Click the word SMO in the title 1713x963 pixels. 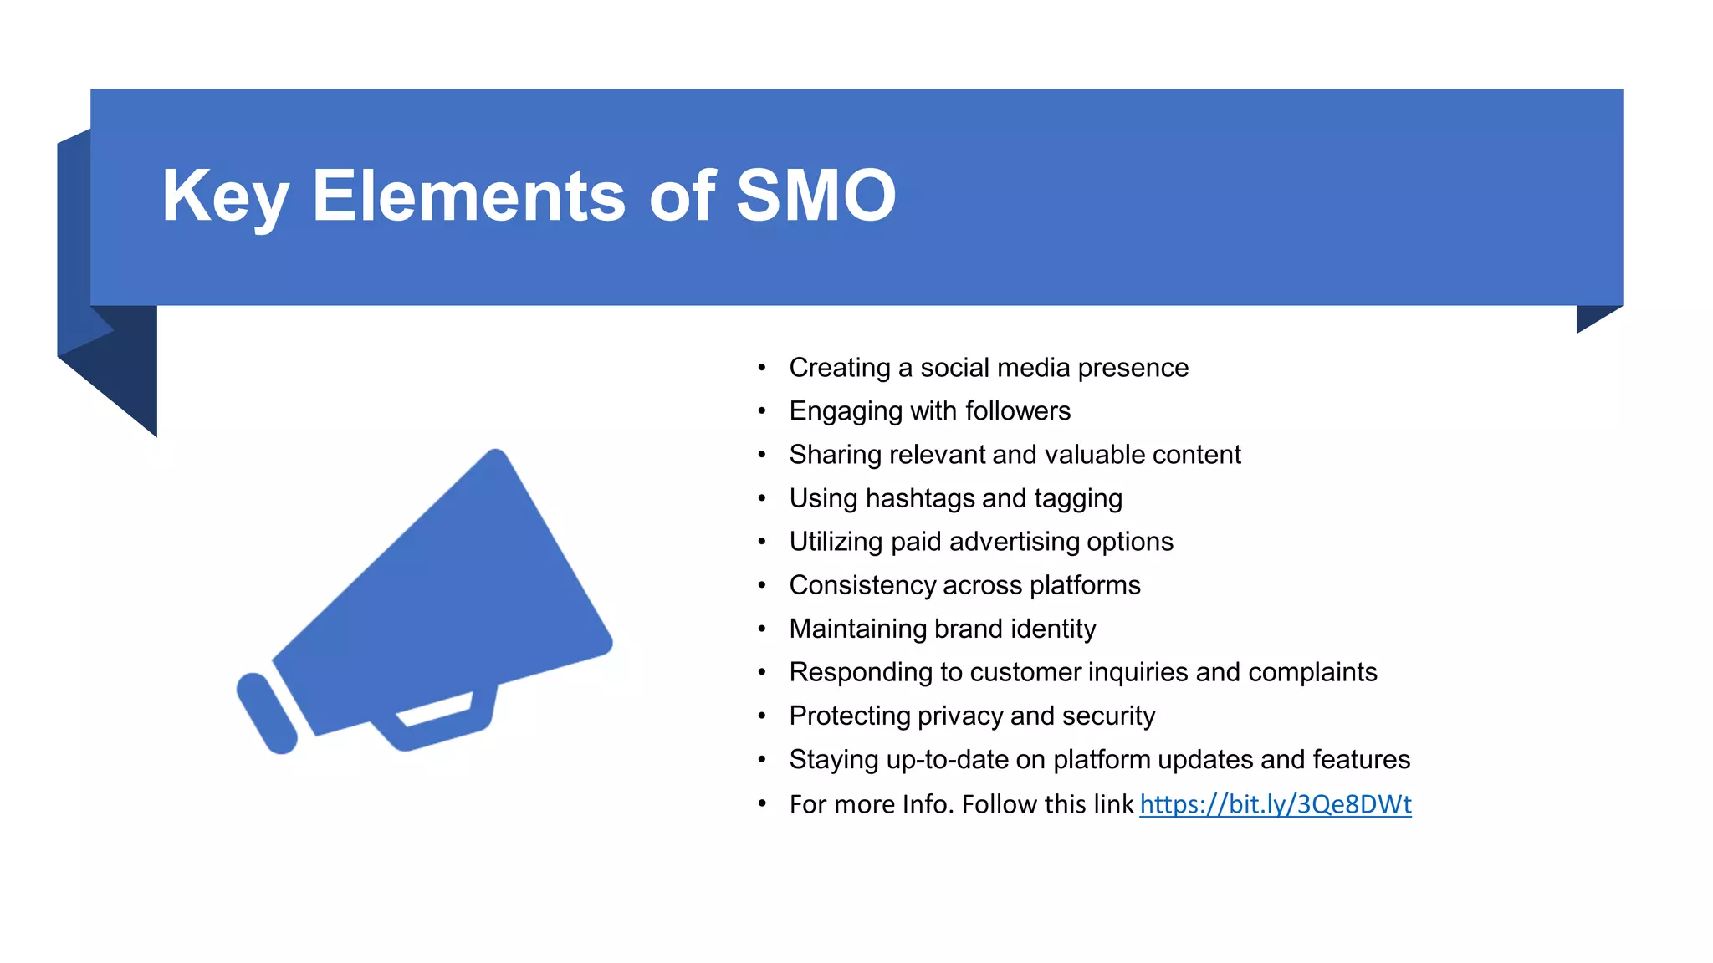816,196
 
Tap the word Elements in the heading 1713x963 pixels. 468,196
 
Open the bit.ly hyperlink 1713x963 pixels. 1275,804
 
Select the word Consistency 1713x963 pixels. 862,585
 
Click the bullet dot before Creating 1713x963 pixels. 761,368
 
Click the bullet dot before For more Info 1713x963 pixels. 761,804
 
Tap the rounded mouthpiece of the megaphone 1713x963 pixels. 266,713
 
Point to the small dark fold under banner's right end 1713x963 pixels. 1593,316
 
